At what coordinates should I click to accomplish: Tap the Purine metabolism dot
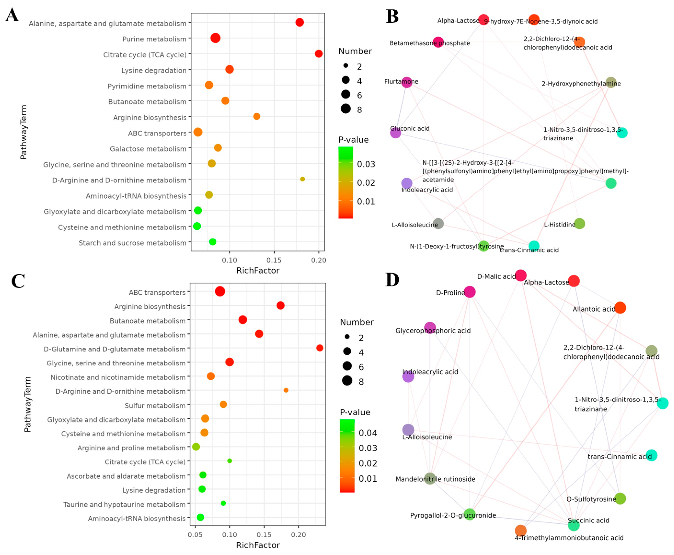(x=215, y=38)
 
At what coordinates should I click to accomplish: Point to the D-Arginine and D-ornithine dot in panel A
(x=302, y=179)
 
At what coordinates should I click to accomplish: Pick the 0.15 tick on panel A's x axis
(x=274, y=260)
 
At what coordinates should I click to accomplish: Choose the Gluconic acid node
(x=395, y=133)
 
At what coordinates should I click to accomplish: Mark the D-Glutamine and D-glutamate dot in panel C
(x=320, y=348)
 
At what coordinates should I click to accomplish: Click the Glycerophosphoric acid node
(x=430, y=328)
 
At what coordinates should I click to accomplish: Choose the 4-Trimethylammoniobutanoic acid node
(x=520, y=530)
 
